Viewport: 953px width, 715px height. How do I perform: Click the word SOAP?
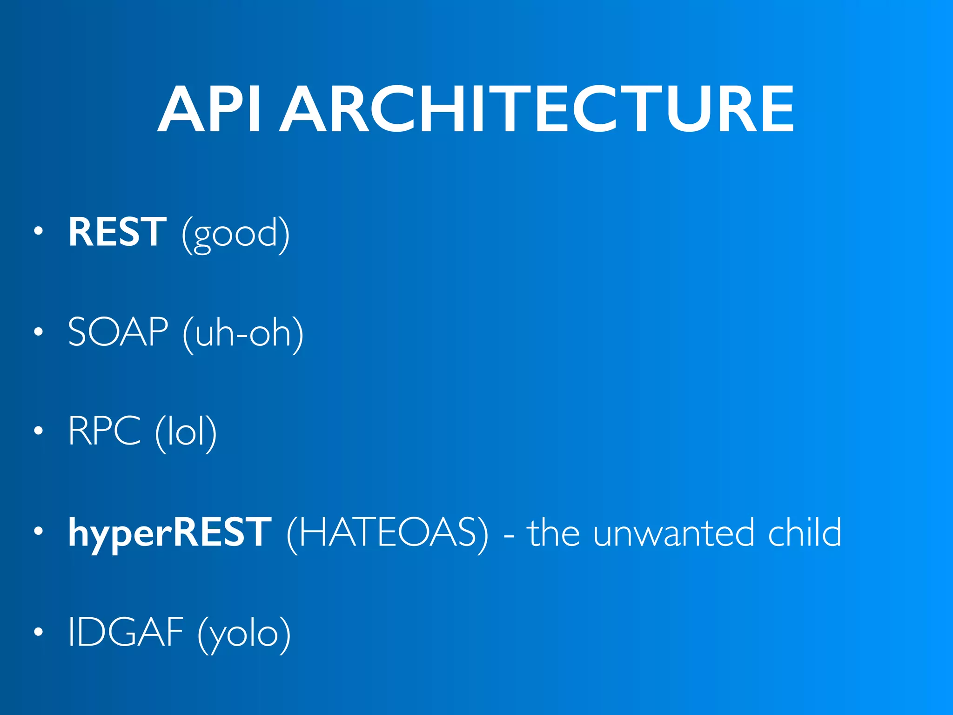pyautogui.click(x=118, y=332)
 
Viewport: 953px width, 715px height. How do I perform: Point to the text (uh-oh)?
pyautogui.click(x=243, y=333)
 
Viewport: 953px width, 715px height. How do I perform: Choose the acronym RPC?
pyautogui.click(x=104, y=431)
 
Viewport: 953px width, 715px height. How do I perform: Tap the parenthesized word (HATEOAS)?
pyautogui.click(x=388, y=533)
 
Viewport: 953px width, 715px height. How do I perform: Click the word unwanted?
pyautogui.click(x=673, y=533)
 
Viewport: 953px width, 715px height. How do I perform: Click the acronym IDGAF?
pyautogui.click(x=126, y=632)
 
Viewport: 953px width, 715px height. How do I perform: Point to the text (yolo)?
pyautogui.click(x=244, y=634)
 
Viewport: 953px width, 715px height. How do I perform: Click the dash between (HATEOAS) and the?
pyautogui.click(x=509, y=536)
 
